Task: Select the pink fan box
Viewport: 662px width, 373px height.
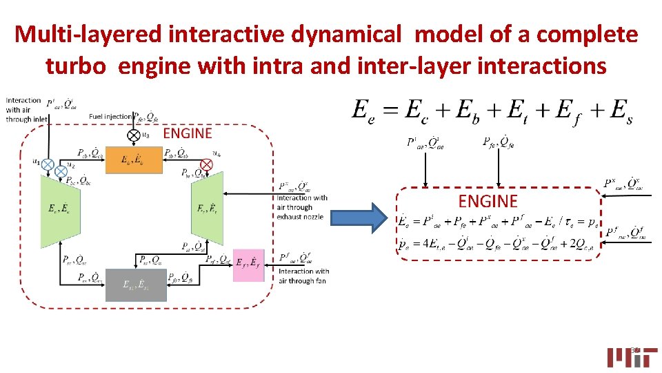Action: click(x=249, y=265)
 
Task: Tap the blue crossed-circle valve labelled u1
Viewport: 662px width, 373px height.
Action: click(x=48, y=164)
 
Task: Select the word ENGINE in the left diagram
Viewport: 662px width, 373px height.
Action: click(x=187, y=133)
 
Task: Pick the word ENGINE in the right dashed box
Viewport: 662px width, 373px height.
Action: click(x=488, y=201)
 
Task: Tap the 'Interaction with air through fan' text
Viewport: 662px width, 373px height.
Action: click(x=303, y=276)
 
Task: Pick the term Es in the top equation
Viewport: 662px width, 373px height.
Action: click(x=619, y=111)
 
